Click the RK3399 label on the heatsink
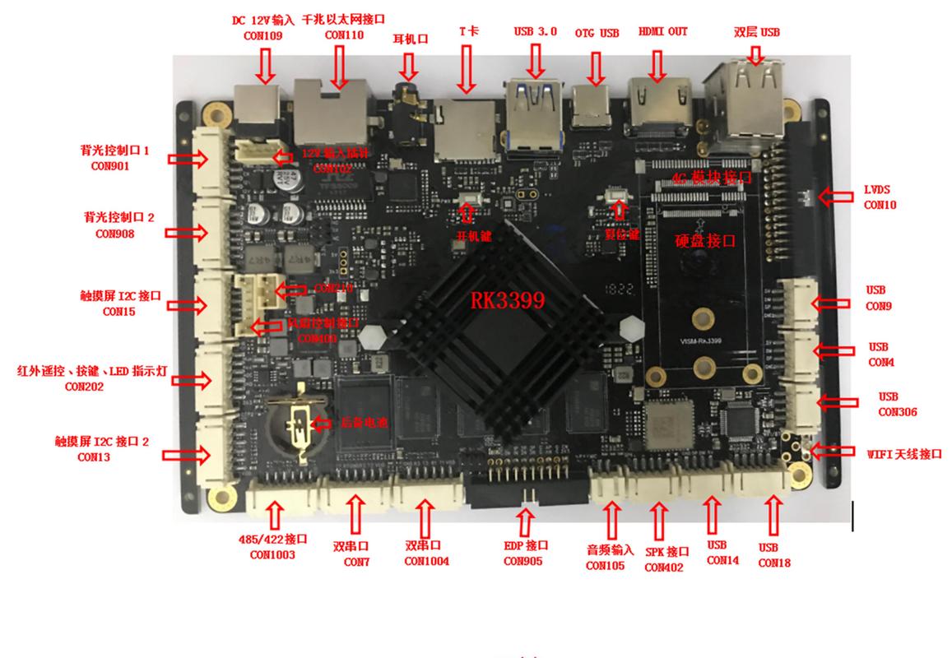[507, 301]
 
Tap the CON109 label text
[262, 35]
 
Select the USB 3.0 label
[536, 31]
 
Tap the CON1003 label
[273, 554]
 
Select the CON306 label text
[897, 411]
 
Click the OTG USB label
[597, 33]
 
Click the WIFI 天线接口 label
[903, 453]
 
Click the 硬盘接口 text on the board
[704, 241]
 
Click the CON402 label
[664, 567]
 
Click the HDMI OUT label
[662, 32]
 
